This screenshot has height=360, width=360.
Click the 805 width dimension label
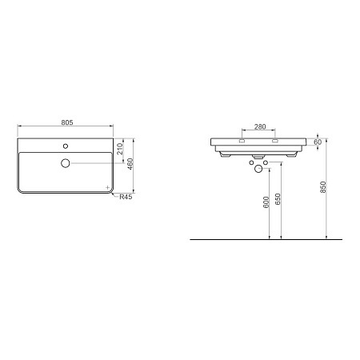pyautogui.click(x=66, y=122)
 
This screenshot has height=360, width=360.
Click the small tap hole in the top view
pyautogui.click(x=65, y=148)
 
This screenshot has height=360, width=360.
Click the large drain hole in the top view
pyautogui.click(x=65, y=163)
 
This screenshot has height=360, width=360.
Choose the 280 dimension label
pyautogui.click(x=259, y=127)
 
